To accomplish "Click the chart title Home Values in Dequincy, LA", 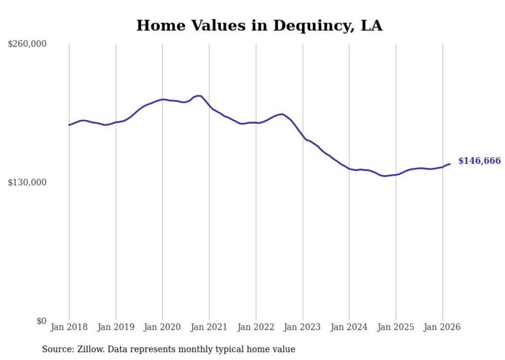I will click(259, 26).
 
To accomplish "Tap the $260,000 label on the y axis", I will click(27, 44).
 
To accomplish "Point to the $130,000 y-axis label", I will click(27, 182).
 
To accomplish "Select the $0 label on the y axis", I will click(41, 321).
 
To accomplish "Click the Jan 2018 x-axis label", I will click(69, 327).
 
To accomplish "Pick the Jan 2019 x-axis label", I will click(116, 327).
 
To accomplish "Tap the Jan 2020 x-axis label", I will click(162, 327).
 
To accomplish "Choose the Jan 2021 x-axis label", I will click(209, 327).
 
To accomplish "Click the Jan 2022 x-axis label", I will click(256, 327).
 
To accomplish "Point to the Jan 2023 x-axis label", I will click(302, 327).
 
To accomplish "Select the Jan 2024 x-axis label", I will click(349, 327).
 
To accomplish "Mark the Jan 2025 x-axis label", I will click(396, 327).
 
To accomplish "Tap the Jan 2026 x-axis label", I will click(442, 327).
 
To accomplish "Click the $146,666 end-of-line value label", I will click(479, 161).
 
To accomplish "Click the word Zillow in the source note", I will click(88, 349).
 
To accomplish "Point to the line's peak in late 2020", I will click(198, 96).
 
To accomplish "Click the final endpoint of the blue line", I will click(450, 164).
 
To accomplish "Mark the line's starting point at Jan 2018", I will click(69, 125).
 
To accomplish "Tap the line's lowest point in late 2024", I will click(384, 176).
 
